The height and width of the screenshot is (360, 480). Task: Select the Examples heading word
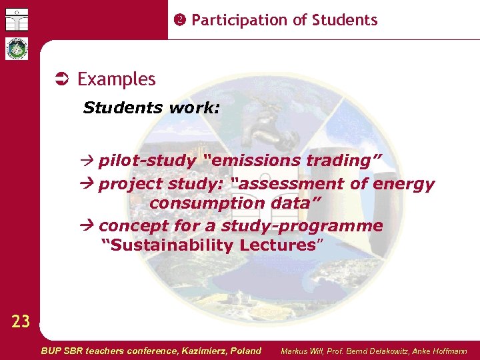click(117, 79)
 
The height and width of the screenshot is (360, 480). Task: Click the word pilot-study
click(147, 161)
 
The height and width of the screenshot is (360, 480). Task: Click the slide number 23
click(21, 323)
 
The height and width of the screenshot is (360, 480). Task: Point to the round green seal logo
click(16, 49)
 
